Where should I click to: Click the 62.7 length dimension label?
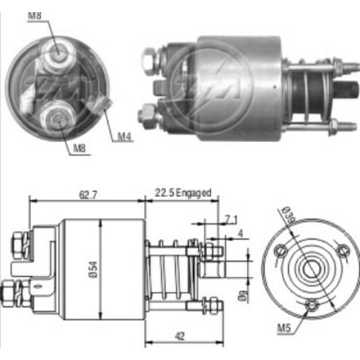click(88, 195)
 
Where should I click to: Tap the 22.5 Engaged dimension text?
click(183, 193)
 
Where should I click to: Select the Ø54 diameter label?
click(93, 269)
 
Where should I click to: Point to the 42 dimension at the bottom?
click(180, 336)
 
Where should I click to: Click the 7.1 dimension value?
click(231, 221)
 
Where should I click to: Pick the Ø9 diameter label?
click(244, 296)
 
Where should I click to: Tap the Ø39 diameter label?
click(290, 215)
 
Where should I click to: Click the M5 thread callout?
click(284, 328)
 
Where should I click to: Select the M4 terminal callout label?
click(125, 137)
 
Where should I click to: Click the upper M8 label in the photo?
click(35, 16)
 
